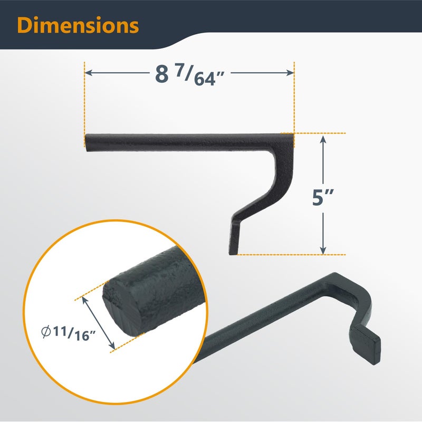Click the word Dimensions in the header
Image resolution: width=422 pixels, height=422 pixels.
pos(78,25)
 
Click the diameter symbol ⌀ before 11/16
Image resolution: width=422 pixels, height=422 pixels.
pos(46,332)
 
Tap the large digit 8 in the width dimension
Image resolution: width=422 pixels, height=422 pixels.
pos(161,74)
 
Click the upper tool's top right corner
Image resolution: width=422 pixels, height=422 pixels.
pos(291,135)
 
